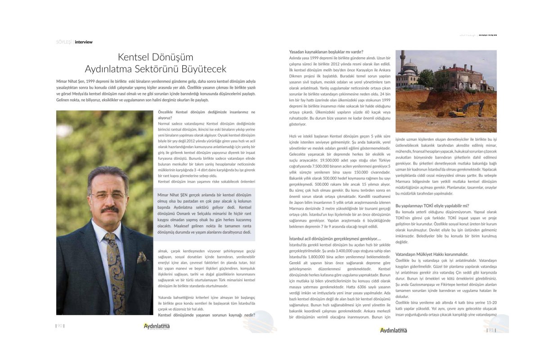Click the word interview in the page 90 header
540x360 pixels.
pos(84,42)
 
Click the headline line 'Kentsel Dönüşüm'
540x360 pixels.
pos(155,57)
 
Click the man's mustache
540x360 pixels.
pos(109,210)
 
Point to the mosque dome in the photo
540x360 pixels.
pos(410,67)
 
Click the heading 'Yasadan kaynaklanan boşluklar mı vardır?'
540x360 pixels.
pos(326,52)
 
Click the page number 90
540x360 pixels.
pos(60,326)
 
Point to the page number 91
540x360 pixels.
pos(491,330)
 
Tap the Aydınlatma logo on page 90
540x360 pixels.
pos(156,326)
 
